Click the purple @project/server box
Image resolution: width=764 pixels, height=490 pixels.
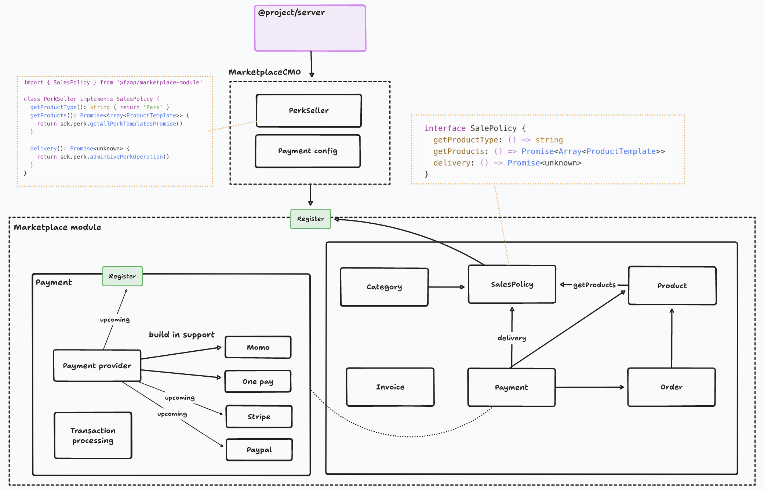coord(310,28)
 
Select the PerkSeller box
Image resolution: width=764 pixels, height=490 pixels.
coord(309,111)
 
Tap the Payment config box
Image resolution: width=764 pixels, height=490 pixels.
coord(308,151)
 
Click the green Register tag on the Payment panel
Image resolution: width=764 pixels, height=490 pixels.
coord(122,276)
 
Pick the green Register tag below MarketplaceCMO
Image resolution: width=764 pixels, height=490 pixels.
coord(310,219)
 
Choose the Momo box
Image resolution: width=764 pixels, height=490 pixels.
coord(258,347)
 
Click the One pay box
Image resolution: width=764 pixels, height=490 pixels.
coord(258,381)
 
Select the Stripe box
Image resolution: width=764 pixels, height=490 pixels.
coord(259,417)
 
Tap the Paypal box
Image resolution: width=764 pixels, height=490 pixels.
coord(259,450)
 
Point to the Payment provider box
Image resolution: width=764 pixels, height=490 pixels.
coord(97,366)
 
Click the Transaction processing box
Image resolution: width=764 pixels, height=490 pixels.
coord(93,435)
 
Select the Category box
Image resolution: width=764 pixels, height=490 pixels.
coord(384,287)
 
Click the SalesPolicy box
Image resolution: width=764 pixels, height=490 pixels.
coord(512,284)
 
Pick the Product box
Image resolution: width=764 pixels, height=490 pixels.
coord(672,286)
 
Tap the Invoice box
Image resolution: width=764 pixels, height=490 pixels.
coord(390,387)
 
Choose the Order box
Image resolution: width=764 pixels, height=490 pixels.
coord(671,387)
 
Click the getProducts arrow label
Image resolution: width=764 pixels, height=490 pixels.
coord(594,285)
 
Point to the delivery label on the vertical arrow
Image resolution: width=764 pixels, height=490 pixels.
coord(512,338)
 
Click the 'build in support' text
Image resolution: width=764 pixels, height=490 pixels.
coord(182,334)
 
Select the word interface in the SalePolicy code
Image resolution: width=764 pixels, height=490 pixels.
coord(445,128)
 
